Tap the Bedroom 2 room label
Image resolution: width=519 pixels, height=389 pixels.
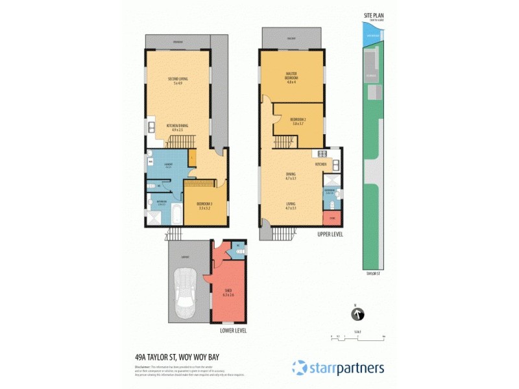pyautogui.click(x=297, y=121)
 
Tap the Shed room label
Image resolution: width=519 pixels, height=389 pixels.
pyautogui.click(x=228, y=292)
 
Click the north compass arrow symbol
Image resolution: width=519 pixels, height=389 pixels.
pyautogui.click(x=356, y=315)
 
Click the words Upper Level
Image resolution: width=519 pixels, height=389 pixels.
pyautogui.click(x=330, y=233)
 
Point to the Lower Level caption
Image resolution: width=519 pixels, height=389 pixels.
pyautogui.click(x=234, y=331)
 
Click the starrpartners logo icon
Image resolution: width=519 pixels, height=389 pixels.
pyautogui.click(x=300, y=367)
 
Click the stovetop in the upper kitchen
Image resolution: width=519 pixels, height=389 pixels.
pyautogui.click(x=319, y=154)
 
